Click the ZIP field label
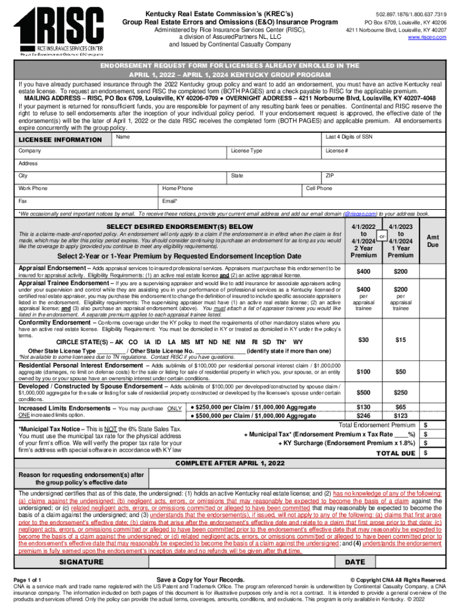[329, 176]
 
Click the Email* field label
[170, 201]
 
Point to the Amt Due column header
[433, 241]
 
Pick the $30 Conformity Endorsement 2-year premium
[363, 340]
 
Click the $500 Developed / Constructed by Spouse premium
[363, 393]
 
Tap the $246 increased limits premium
[363, 416]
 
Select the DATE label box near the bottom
[355, 562]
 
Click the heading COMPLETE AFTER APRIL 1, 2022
[229, 463]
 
